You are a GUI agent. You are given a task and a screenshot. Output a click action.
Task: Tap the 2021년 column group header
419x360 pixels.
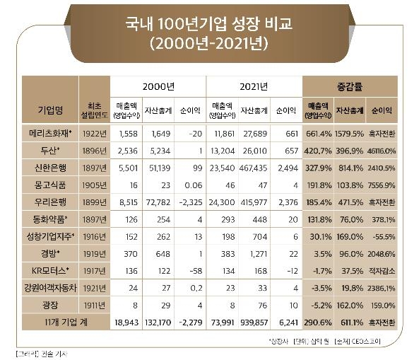click(252, 86)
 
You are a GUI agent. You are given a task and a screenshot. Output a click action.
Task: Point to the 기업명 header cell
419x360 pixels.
click(49, 110)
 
